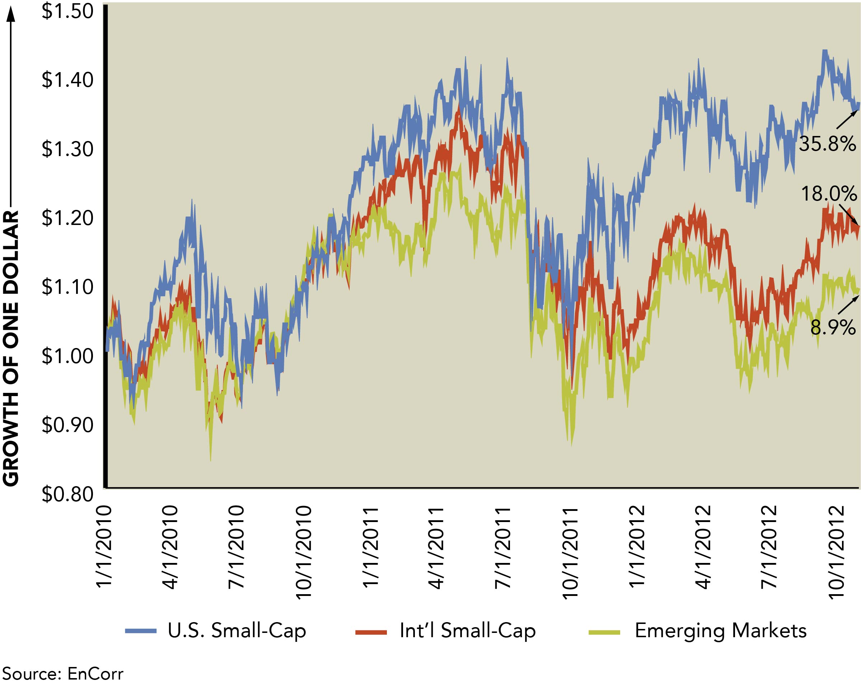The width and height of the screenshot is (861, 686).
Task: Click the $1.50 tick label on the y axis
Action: click(67, 11)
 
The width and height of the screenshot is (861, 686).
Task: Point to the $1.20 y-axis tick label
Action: click(67, 219)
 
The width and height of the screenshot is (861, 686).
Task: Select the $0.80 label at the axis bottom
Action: click(67, 494)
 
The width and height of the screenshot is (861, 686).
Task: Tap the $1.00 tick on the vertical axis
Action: click(67, 356)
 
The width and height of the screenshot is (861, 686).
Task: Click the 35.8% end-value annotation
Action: click(827, 144)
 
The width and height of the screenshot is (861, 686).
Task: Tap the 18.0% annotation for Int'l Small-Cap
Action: click(829, 194)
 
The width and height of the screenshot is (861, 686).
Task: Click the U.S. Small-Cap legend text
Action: click(237, 631)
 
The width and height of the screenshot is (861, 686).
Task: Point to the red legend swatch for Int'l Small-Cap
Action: click(371, 632)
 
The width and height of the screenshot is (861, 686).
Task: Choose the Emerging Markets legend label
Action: click(720, 631)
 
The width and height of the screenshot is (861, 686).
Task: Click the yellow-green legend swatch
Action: click(604, 632)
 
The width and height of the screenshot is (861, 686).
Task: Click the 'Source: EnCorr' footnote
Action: click(63, 674)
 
